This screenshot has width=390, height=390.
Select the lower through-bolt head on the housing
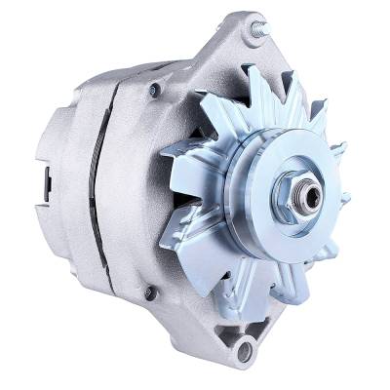[148, 292]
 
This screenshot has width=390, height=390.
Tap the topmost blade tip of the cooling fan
[255, 70]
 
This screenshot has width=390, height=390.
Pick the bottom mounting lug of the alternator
[244, 341]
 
